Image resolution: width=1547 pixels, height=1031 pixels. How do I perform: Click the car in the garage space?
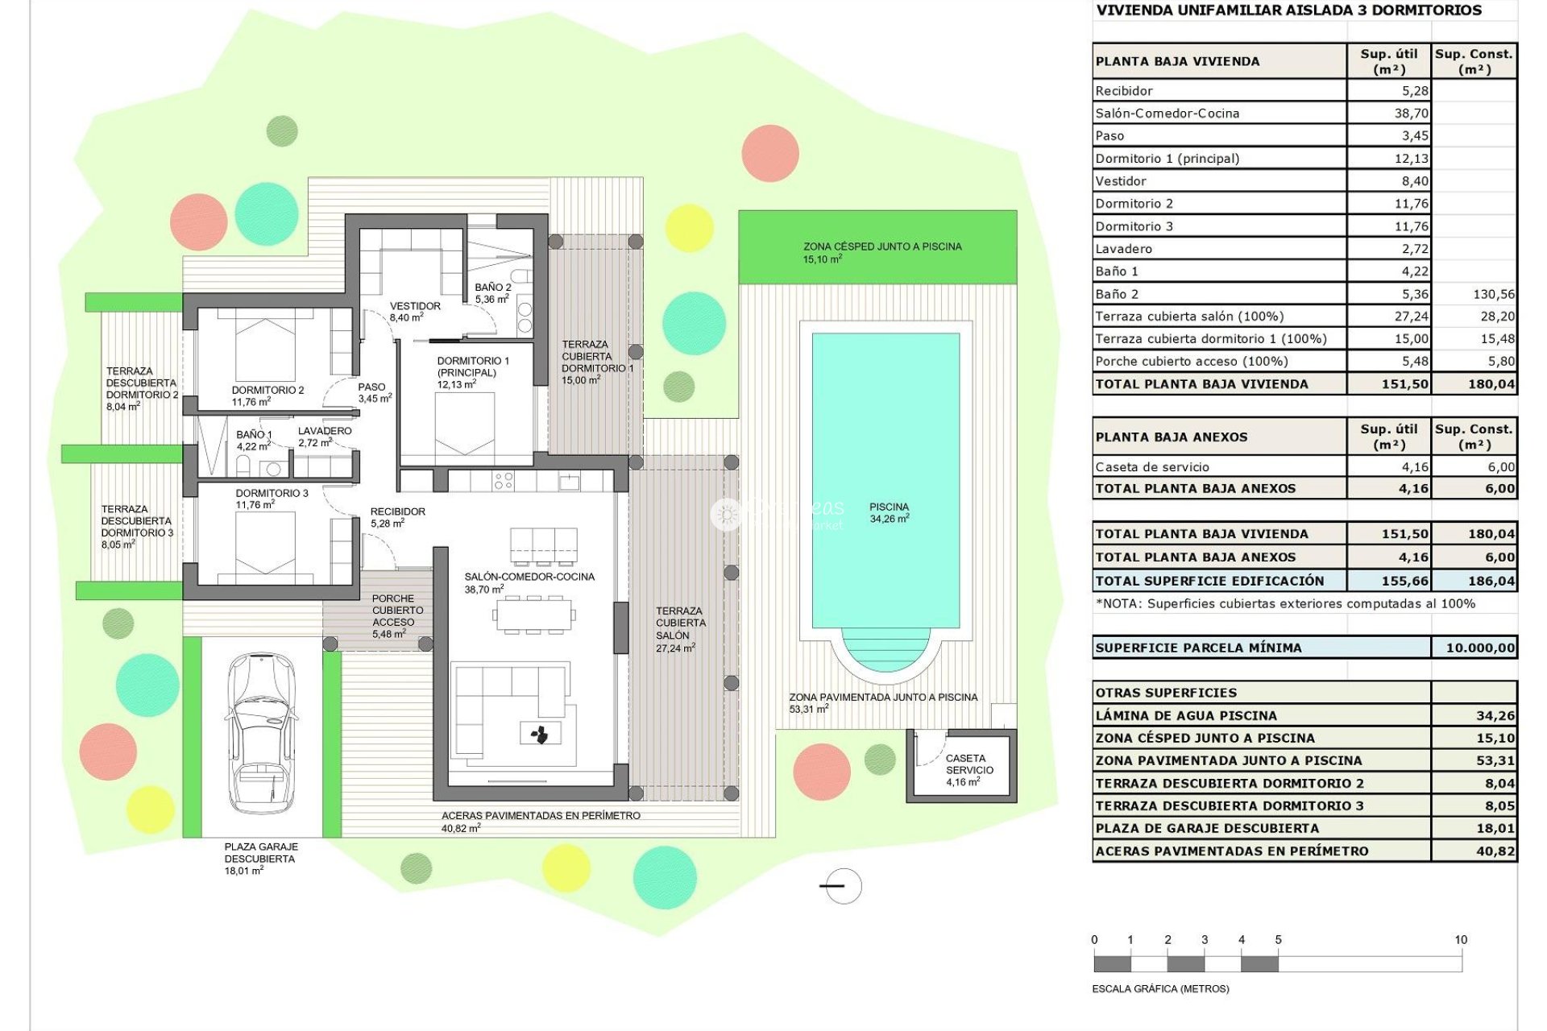pyautogui.click(x=261, y=733)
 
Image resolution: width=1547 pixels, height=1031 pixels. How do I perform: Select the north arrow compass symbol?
pyautogui.click(x=842, y=886)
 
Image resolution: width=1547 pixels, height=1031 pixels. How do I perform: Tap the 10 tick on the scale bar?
pyautogui.click(x=1460, y=940)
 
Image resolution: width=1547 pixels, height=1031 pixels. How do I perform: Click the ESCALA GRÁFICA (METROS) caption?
pyautogui.click(x=1160, y=988)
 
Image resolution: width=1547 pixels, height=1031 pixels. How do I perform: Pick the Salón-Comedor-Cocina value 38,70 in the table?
pyautogui.click(x=1411, y=114)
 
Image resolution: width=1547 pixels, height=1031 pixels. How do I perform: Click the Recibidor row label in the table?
pyautogui.click(x=1124, y=91)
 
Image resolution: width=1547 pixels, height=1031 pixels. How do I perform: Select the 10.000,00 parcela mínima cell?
pyautogui.click(x=1479, y=648)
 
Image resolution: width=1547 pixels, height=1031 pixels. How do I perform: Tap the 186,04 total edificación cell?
pyautogui.click(x=1491, y=581)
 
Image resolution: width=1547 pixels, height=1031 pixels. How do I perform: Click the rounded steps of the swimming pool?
pyautogui.click(x=885, y=648)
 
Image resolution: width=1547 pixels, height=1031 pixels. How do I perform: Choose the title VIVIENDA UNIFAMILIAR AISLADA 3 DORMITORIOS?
pyautogui.click(x=1288, y=10)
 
